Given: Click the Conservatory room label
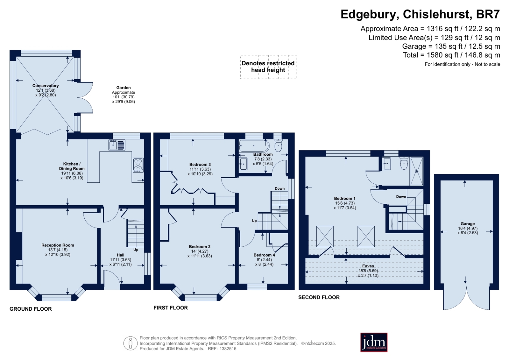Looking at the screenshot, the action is pos(46,86).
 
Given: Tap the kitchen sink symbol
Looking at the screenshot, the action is pos(117,145).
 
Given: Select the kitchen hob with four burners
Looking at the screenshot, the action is pos(138,165).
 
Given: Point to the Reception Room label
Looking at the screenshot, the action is pos(58,245).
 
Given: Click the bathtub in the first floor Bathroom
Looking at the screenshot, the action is pos(254,145).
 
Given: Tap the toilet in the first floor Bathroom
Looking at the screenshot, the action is pos(278,145).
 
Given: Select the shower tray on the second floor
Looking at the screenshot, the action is pos(416,171).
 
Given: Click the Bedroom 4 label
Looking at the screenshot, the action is pos(264,255).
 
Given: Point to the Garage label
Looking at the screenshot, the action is pos(468,224).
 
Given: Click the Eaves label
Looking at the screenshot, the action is pos(368,266).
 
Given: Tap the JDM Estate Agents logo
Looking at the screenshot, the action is pos(374,342).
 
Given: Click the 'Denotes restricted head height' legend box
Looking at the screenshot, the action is pos(268,67).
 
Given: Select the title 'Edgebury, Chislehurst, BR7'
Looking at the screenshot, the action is pos(420,14).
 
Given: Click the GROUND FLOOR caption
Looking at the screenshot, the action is pos(31,309).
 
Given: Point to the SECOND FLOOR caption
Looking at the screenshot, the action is pos(319,297).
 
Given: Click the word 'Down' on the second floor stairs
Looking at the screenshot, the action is pos(401,197).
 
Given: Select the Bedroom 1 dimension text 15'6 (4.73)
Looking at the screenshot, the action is pos(345,203).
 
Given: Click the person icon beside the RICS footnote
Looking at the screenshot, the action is pos(131,343).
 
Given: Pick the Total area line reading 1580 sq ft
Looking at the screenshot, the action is pos(451,55).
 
